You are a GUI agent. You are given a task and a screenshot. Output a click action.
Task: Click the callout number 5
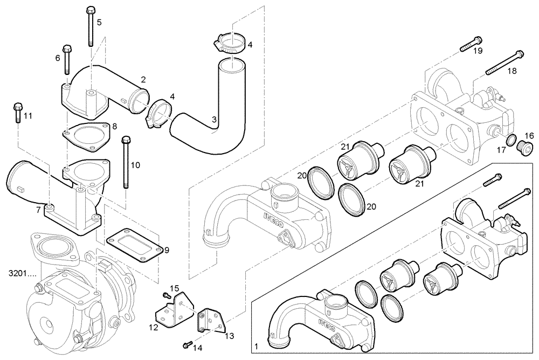pyautogui.click(x=99, y=22)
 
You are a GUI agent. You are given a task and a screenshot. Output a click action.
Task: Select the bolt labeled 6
pyautogui.click(x=67, y=59)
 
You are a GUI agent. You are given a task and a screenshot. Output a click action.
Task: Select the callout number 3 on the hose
pyautogui.click(x=215, y=119)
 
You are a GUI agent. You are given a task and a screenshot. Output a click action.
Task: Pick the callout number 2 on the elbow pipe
pyautogui.click(x=143, y=79)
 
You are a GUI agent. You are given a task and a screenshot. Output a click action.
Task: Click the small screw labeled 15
pyautogui.click(x=165, y=294)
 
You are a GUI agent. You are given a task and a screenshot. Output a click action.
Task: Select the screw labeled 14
pyautogui.click(x=186, y=342)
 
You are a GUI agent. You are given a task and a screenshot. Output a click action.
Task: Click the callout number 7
pyautogui.click(x=38, y=210)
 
